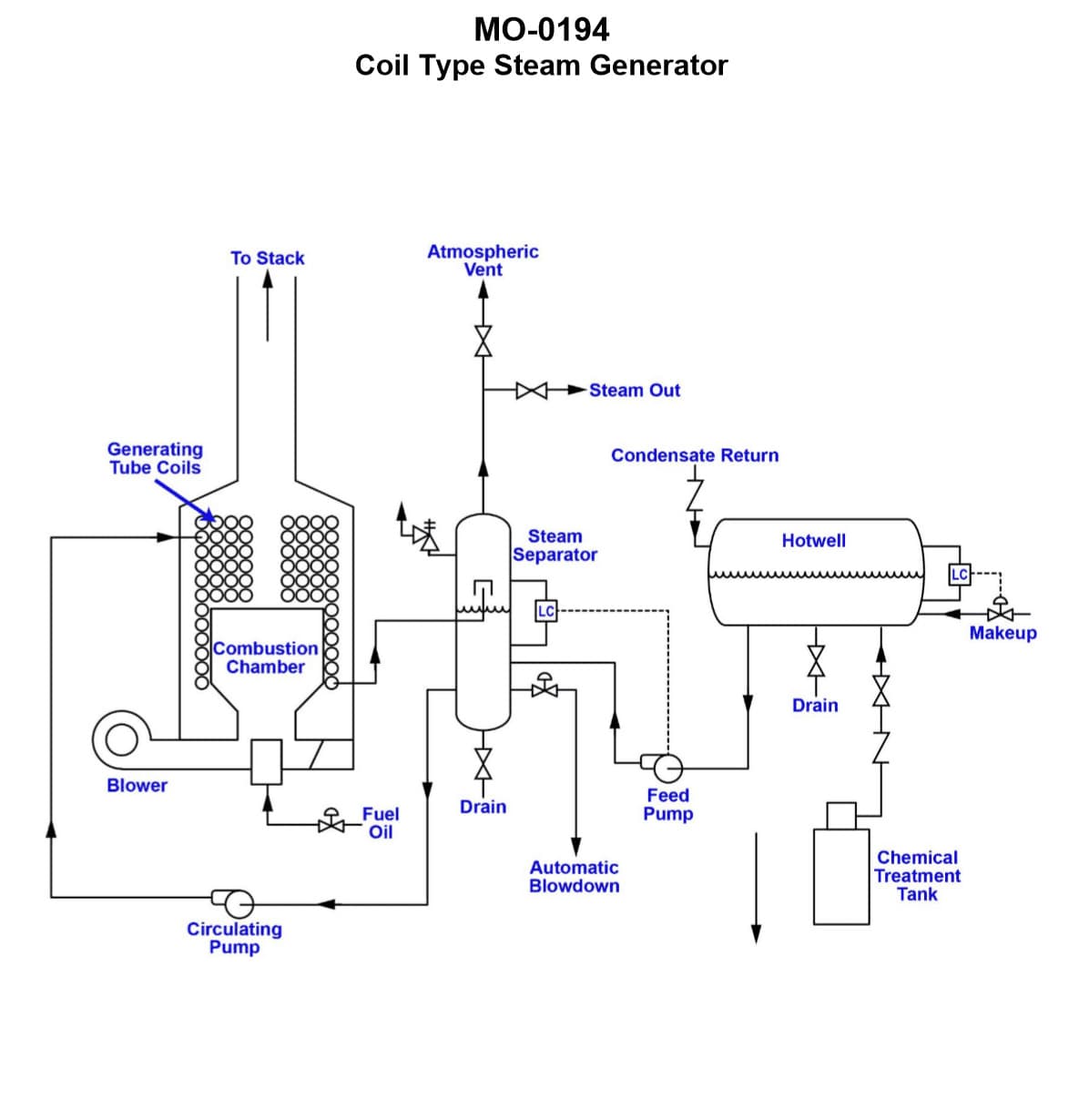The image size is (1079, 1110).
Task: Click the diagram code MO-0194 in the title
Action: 541,30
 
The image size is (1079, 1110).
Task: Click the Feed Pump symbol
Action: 666,767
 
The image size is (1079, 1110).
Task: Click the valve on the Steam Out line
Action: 531,391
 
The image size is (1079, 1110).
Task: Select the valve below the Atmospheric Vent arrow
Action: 484,340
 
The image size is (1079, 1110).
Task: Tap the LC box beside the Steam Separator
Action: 545,611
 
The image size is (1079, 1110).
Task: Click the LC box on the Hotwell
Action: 960,574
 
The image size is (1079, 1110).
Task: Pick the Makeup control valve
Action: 1000,611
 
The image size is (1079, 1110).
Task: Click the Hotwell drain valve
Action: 816,658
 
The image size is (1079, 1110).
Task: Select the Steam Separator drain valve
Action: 484,760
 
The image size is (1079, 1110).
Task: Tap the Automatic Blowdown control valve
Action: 545,687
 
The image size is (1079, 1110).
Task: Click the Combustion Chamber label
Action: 265,657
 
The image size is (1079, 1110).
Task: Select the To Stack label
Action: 267,259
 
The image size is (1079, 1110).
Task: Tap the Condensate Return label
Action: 695,455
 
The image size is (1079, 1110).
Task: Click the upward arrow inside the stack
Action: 267,305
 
